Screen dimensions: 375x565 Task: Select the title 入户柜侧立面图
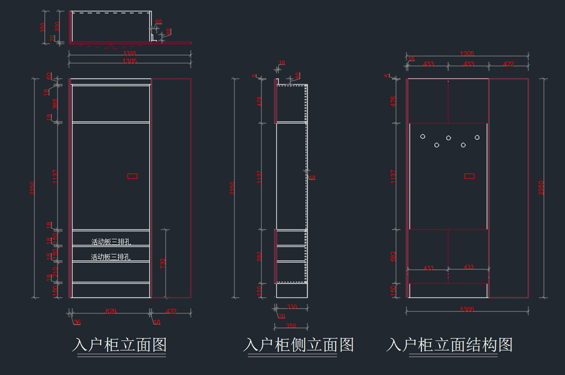(299, 345)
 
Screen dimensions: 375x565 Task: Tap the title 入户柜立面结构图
(449, 345)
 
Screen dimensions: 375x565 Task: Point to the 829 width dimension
(111, 311)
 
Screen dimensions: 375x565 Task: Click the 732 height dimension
(163, 263)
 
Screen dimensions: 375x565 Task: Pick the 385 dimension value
(55, 103)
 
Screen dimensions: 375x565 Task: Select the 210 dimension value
(55, 272)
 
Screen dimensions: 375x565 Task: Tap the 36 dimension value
(77, 322)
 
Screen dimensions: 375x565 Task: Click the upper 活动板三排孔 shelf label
(111, 242)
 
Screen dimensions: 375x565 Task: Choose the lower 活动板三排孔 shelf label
(111, 257)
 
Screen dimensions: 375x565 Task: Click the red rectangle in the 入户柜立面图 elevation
(132, 176)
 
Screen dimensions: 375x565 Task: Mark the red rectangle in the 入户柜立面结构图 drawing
(469, 176)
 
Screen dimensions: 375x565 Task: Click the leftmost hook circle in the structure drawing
(423, 137)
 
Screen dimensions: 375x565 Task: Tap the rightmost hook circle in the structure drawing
(477, 137)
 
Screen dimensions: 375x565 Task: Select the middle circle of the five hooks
(448, 138)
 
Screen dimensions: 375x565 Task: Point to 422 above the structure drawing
(508, 64)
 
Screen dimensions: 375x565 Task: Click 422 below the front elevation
(171, 311)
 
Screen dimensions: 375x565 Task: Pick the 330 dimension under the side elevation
(292, 307)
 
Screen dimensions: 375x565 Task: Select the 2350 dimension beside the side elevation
(232, 188)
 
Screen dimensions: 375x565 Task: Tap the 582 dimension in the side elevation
(259, 257)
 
